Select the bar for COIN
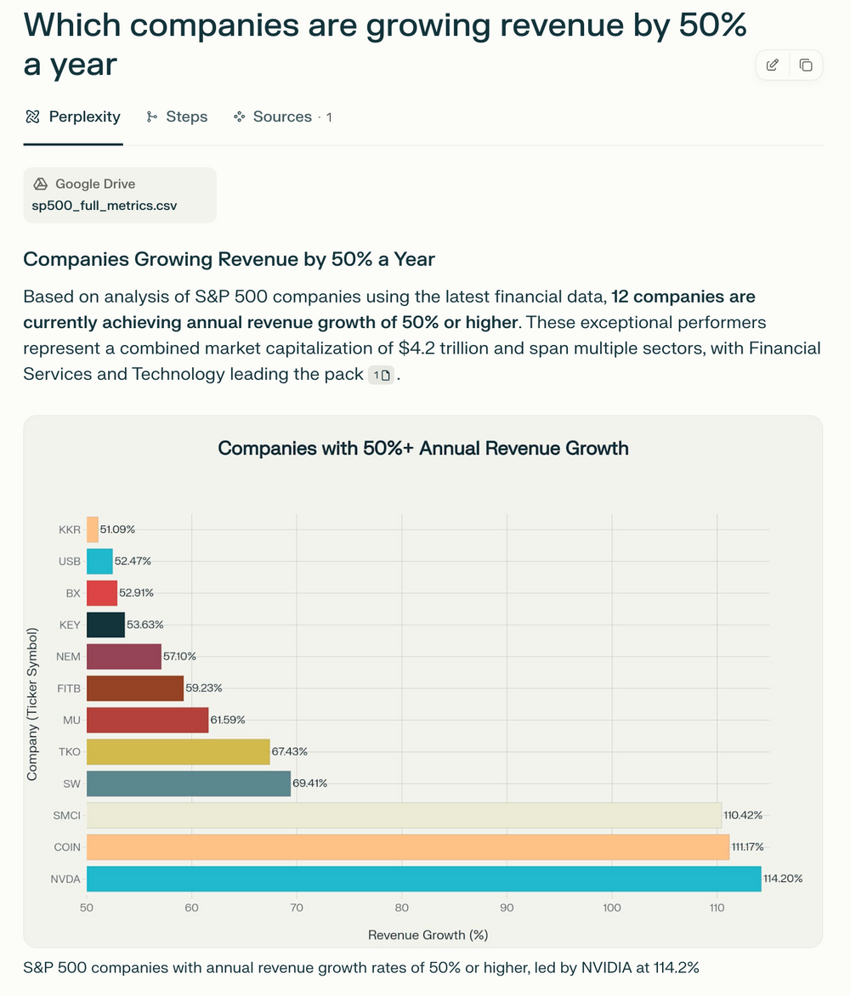(408, 847)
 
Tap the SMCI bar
(404, 816)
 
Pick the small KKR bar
(93, 529)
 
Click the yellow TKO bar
(178, 752)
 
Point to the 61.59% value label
(228, 720)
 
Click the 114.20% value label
(783, 879)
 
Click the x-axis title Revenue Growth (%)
(428, 935)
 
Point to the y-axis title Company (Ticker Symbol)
(32, 704)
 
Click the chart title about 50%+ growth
(423, 448)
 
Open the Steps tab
(177, 117)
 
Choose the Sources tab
(282, 117)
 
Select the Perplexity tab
(73, 117)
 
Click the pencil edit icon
(773, 65)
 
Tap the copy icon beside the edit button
(806, 65)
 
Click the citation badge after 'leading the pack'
(382, 376)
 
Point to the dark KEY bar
(105, 625)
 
